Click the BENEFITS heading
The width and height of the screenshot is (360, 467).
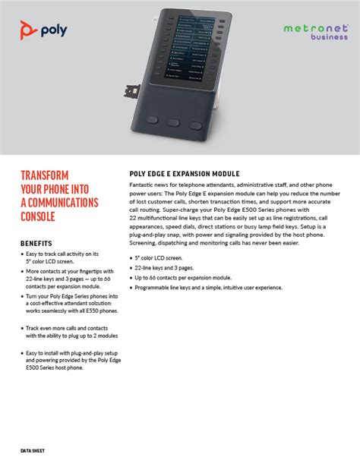click(36, 243)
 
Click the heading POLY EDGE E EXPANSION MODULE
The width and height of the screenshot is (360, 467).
click(185, 174)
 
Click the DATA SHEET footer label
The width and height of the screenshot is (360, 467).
click(33, 450)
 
